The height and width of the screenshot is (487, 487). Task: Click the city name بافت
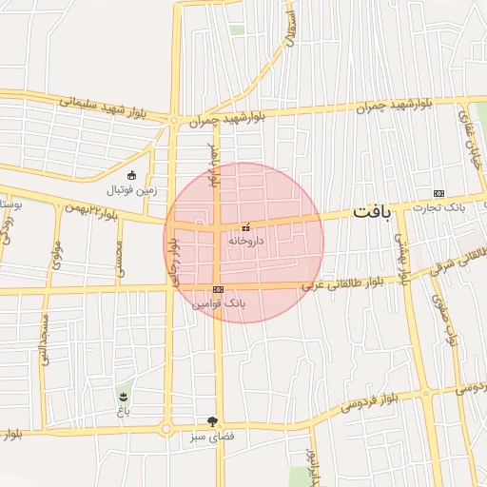pyautogui.click(x=372, y=211)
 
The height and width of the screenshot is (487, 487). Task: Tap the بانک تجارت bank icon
pyautogui.click(x=438, y=193)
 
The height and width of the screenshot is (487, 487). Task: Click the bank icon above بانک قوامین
pyautogui.click(x=218, y=289)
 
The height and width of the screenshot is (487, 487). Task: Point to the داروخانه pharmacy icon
pyautogui.click(x=246, y=228)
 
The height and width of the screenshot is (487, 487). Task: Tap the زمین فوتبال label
pyautogui.click(x=130, y=189)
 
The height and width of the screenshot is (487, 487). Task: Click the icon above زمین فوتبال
pyautogui.click(x=131, y=175)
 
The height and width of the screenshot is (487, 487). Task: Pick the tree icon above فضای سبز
pyautogui.click(x=212, y=421)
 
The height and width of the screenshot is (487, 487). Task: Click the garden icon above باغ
pyautogui.click(x=123, y=394)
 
